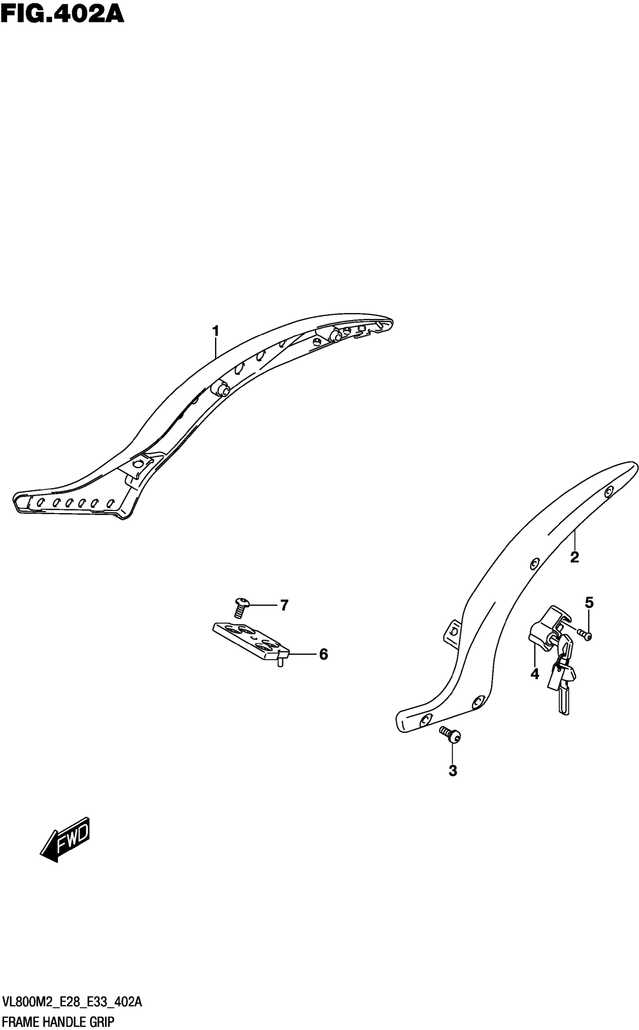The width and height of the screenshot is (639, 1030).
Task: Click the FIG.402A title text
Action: [62, 14]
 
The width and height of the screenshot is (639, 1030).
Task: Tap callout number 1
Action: [215, 331]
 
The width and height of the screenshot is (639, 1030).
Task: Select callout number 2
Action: [574, 557]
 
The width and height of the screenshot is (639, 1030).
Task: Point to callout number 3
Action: [453, 771]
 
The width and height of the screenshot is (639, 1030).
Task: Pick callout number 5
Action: [589, 603]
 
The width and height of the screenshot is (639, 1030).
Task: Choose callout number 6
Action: [323, 654]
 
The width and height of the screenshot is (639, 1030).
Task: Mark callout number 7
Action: [285, 606]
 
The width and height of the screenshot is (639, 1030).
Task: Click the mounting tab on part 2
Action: [453, 633]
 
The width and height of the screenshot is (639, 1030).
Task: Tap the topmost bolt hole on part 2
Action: [609, 491]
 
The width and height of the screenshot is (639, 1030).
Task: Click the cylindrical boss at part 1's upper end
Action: [336, 335]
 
